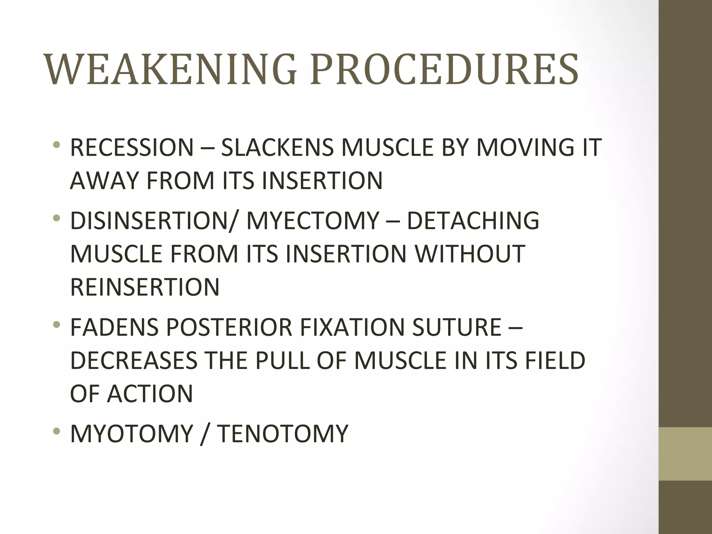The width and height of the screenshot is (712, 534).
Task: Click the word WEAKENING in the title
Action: (170, 70)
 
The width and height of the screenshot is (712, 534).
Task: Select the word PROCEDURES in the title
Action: (444, 70)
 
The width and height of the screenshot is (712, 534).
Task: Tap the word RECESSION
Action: (132, 147)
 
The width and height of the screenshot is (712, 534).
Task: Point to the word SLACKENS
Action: (277, 147)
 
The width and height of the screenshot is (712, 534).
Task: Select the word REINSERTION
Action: (145, 287)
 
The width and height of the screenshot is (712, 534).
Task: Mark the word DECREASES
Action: (134, 361)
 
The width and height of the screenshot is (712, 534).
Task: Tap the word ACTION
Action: (150, 394)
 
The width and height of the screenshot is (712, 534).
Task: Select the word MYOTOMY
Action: (131, 434)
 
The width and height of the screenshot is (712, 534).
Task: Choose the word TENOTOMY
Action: (283, 434)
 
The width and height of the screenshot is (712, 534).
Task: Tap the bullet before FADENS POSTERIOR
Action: (57, 325)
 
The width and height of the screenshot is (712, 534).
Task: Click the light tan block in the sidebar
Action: (685, 454)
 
